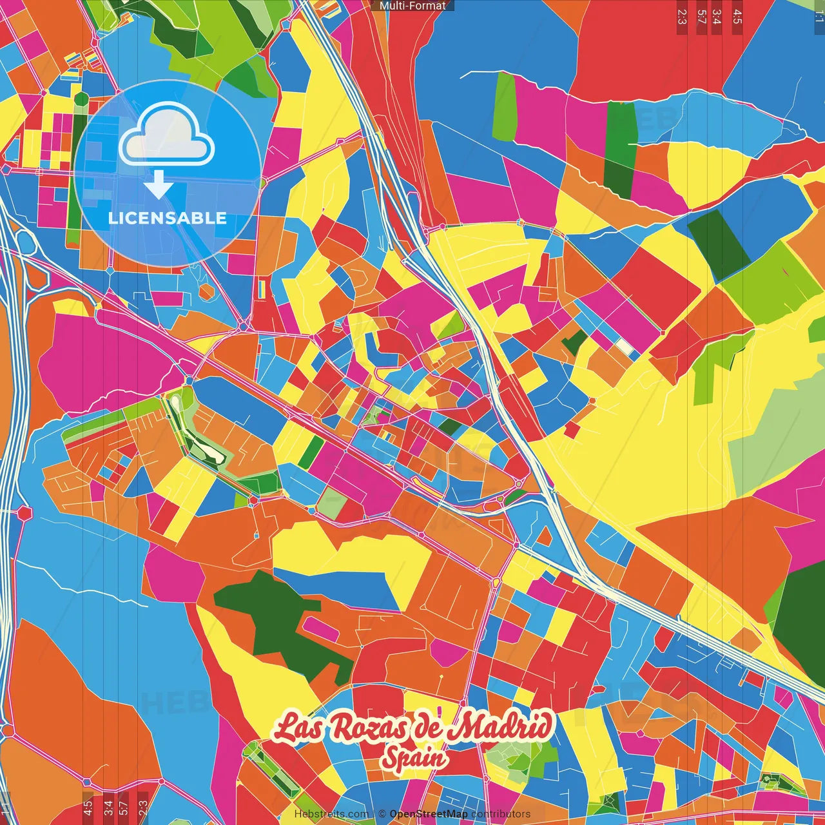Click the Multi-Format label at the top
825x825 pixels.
412,6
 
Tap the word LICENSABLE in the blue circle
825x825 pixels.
168,218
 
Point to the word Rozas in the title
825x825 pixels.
365,728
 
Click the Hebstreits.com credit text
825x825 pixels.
331,814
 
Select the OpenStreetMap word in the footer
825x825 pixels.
428,814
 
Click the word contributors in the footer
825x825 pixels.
501,814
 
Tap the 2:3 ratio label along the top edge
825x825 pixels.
681,16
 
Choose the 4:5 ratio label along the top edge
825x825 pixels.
737,16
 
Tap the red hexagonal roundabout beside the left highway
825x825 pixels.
24,513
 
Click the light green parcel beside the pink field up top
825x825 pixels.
505,107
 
